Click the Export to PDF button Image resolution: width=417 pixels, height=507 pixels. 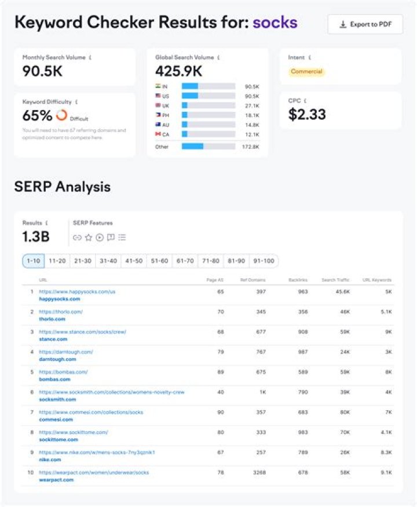tap(365, 24)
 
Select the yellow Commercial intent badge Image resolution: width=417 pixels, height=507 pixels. tap(307, 72)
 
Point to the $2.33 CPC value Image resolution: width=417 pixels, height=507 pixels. tap(307, 114)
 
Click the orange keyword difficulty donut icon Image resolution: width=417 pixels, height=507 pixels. tap(61, 115)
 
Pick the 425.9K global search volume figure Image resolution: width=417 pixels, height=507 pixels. tap(178, 71)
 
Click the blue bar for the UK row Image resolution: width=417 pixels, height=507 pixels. tap(185, 106)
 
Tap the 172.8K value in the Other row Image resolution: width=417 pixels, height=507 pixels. tap(251, 147)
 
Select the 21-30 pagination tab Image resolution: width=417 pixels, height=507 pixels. tap(83, 261)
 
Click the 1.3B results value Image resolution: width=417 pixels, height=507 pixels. tap(36, 236)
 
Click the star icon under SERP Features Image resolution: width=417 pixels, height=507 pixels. tap(89, 237)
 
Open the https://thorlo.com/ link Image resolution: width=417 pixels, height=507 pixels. tap(61, 312)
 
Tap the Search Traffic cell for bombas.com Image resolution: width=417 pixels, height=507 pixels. tap(345, 372)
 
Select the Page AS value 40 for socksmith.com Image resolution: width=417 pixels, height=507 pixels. tap(220, 392)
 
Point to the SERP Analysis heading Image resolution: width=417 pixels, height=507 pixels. tap(62, 187)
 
